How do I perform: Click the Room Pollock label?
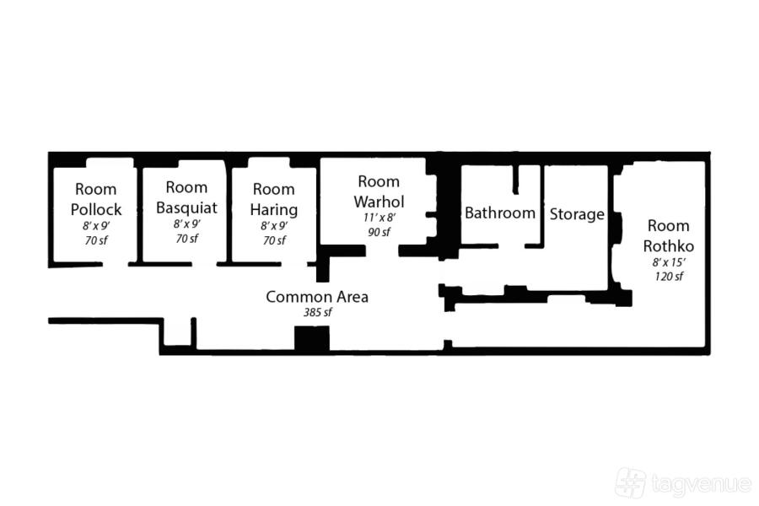point(96,199)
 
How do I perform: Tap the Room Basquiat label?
point(186,197)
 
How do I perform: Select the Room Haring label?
point(274,199)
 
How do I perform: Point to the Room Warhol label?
point(379,191)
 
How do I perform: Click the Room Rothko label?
point(669,236)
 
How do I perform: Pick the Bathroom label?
point(500,213)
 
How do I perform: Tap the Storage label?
point(577,214)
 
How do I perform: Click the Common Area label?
point(317,296)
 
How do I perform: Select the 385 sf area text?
point(318,312)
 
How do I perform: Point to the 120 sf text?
point(669,277)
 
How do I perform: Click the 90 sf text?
point(379,232)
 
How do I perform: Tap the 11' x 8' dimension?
point(379,218)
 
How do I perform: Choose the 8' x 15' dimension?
point(669,262)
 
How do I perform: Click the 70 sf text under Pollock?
point(96,240)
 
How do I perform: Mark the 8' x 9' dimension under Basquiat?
point(187,223)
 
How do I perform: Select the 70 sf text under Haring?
point(274,240)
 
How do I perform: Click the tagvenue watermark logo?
point(683,482)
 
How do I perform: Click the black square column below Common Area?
point(312,338)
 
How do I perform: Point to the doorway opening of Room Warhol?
point(382,250)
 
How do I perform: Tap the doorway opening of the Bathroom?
point(512,246)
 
